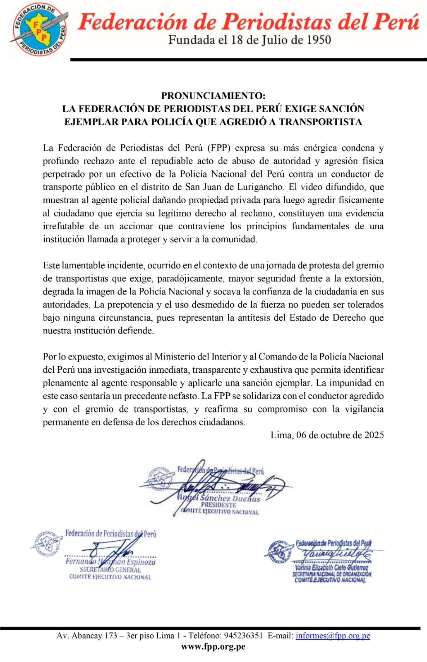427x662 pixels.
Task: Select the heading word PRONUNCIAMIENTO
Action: click(213, 96)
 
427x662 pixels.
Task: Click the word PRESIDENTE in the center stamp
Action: click(218, 505)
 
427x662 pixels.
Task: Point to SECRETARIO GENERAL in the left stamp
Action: click(110, 570)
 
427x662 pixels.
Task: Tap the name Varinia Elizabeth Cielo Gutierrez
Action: click(331, 568)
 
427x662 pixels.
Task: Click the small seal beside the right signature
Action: click(279, 552)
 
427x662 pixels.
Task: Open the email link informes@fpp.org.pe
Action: click(333, 636)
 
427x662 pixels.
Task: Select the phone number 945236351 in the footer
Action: click(243, 636)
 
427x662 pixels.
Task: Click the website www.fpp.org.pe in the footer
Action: click(213, 647)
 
